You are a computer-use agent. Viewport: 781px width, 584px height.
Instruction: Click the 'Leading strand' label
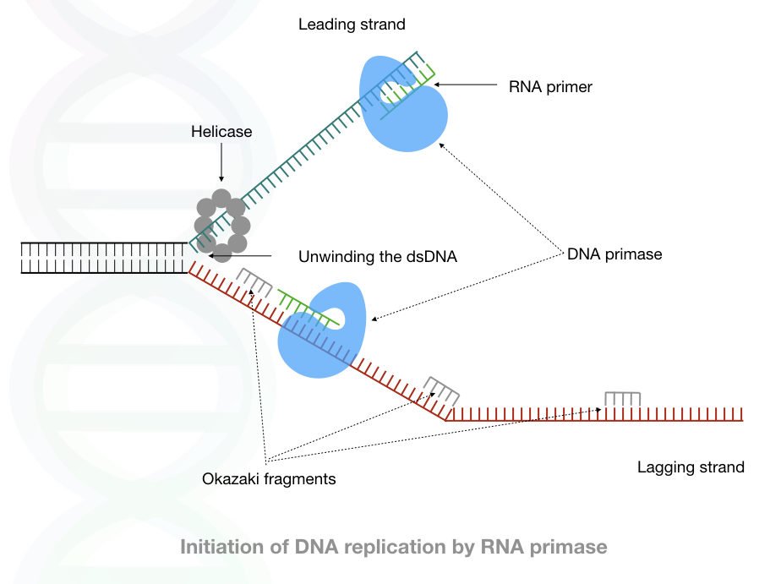click(x=352, y=25)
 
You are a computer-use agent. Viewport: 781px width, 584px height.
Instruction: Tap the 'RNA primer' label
click(x=550, y=85)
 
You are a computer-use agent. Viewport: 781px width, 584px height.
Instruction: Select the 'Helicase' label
click(x=221, y=132)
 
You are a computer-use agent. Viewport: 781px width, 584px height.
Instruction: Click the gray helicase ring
click(x=222, y=226)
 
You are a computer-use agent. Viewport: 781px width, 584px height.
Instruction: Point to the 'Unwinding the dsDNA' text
click(x=378, y=256)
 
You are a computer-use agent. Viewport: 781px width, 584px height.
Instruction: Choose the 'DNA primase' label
click(x=614, y=253)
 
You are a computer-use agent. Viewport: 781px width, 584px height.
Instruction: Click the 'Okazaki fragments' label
click(x=269, y=478)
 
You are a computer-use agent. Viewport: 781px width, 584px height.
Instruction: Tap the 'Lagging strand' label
click(x=691, y=467)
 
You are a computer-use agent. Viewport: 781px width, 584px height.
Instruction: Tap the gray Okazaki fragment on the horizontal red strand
click(x=622, y=398)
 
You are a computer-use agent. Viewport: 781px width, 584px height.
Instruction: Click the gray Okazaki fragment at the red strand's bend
click(x=442, y=390)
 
